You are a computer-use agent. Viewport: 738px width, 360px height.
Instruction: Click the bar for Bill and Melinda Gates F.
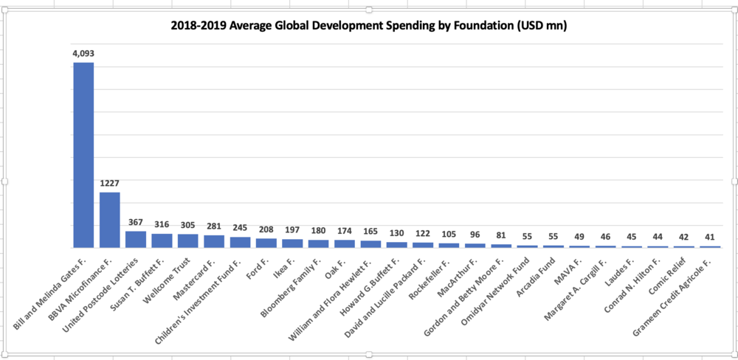click(84, 156)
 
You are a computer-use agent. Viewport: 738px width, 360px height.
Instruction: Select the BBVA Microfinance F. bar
click(110, 220)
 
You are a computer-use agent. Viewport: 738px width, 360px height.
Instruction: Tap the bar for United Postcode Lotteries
click(136, 240)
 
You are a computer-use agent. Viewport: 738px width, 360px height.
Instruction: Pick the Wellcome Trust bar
click(187, 241)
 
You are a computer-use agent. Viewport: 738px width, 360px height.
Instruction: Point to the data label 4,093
click(83, 53)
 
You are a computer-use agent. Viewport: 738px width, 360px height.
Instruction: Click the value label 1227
click(110, 183)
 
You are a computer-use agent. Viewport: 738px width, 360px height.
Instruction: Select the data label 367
click(136, 222)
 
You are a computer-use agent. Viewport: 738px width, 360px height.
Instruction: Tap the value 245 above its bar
click(240, 228)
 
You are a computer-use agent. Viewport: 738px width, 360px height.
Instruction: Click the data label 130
click(397, 233)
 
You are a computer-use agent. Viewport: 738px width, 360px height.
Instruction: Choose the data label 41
click(710, 237)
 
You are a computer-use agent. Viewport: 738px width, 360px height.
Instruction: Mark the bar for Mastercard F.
click(214, 241)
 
